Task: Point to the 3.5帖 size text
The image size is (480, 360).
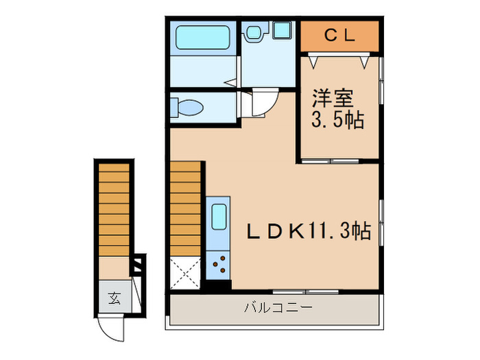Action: [x=339, y=121]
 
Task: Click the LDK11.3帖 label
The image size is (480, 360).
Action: [x=309, y=232]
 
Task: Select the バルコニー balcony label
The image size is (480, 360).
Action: [x=278, y=307]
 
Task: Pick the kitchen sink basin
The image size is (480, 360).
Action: [x=219, y=219]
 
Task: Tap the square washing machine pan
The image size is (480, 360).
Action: [x=280, y=32]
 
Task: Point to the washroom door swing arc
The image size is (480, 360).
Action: [x=263, y=104]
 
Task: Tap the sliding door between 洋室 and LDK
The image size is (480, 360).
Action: [x=337, y=161]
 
